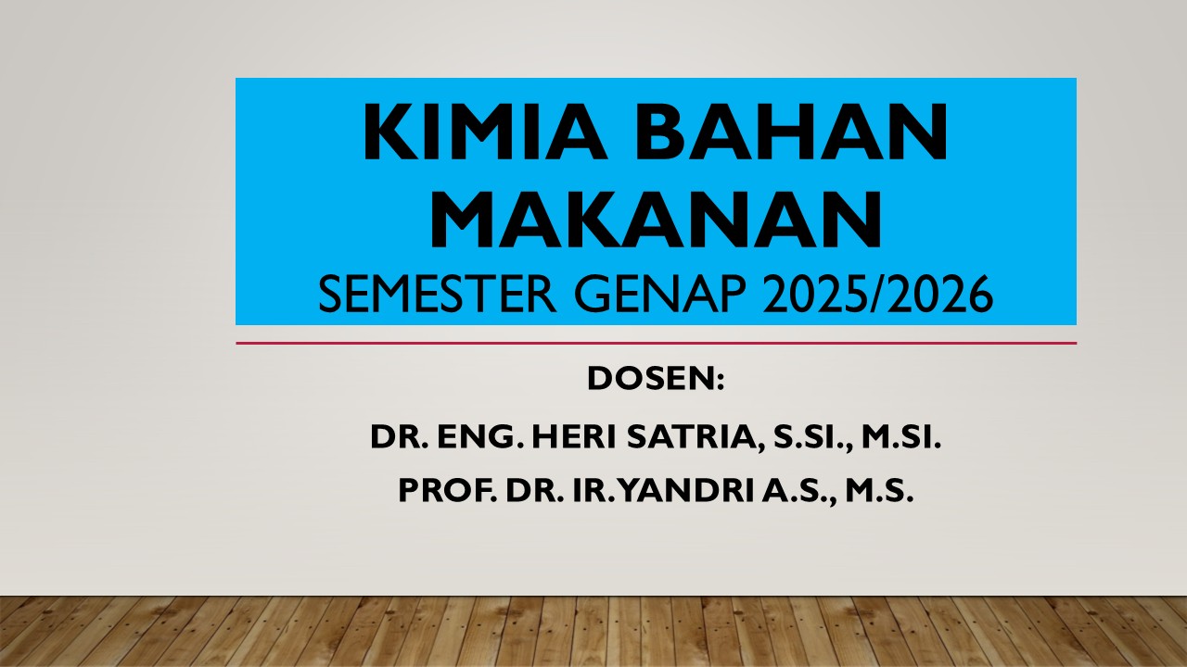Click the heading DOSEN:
(655, 379)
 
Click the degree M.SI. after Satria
(901, 436)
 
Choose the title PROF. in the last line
(447, 492)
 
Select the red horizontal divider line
(655, 343)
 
